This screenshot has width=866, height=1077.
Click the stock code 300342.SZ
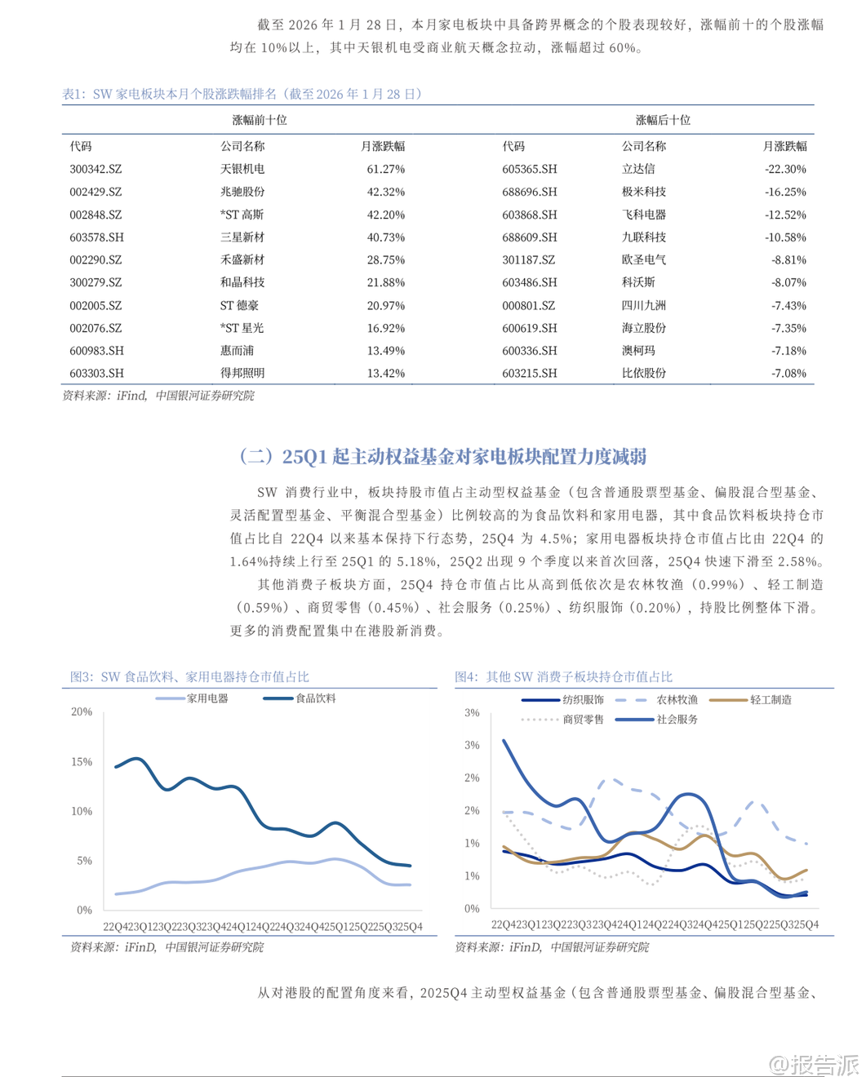pyautogui.click(x=95, y=169)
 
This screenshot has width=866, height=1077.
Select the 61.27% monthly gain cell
pyautogui.click(x=385, y=169)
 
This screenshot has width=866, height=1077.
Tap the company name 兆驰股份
pyautogui.click(x=242, y=192)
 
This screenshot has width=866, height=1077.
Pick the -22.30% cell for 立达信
pyautogui.click(x=785, y=169)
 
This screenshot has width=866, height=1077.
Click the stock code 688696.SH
pyautogui.click(x=529, y=192)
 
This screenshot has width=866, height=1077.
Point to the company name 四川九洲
pyautogui.click(x=643, y=305)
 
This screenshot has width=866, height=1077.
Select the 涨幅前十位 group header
pyautogui.click(x=259, y=120)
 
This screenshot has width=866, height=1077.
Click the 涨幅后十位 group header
pyautogui.click(x=662, y=120)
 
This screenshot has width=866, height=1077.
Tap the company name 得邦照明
pyautogui.click(x=242, y=373)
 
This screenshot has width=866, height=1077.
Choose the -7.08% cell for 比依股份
pyautogui.click(x=788, y=373)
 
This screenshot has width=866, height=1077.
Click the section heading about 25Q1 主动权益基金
pyautogui.click(x=442, y=456)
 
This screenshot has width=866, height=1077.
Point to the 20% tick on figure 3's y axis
pyautogui.click(x=82, y=711)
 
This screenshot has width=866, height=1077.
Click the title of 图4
pyautogui.click(x=563, y=676)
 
